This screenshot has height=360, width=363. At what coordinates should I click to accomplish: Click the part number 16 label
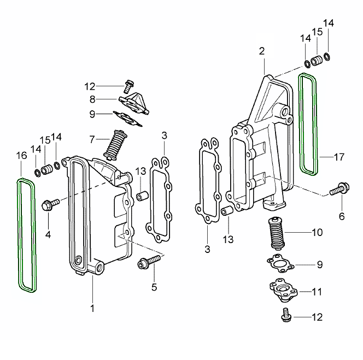[x=21, y=156]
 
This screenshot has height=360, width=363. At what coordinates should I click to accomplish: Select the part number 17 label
[x=339, y=157]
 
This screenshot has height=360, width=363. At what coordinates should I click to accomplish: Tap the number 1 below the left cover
[x=92, y=309]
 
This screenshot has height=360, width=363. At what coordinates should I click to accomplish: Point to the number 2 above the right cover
[x=262, y=51]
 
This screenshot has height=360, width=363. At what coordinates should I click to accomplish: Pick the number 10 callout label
[x=317, y=233]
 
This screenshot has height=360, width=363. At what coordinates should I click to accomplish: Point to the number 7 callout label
[x=92, y=139]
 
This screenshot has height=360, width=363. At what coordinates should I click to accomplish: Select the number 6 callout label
[x=342, y=216]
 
